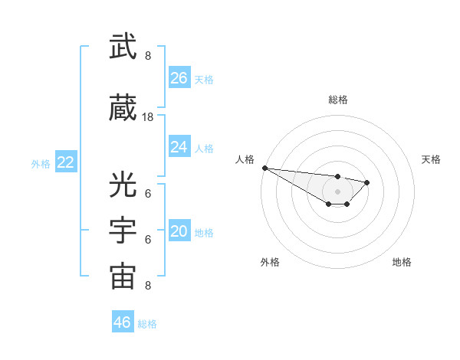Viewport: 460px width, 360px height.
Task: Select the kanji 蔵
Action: coord(123,110)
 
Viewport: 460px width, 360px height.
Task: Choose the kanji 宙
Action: coord(123,277)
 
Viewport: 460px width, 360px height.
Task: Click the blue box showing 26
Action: coord(179,78)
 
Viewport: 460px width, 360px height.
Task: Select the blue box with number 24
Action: coord(179,147)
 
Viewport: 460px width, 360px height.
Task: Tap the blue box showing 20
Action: coord(179,232)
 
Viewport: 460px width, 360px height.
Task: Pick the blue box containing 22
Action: coord(66,162)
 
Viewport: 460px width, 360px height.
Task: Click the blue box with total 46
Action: coord(122,322)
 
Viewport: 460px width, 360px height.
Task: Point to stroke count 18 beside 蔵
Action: coord(148,117)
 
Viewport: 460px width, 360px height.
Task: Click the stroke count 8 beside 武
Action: coord(148,55)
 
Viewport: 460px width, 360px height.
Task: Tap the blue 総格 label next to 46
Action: coord(147,324)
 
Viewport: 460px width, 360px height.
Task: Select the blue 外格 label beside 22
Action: coord(41,163)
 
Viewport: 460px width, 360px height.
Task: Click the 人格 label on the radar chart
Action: coord(245,159)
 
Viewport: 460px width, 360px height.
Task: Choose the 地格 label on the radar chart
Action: coord(402,262)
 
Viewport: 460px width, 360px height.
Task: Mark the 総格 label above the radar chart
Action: coord(337,100)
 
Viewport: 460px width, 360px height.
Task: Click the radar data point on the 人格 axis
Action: coord(264,168)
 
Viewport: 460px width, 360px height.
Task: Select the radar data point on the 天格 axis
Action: coord(367,182)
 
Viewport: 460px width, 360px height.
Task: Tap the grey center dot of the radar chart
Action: coord(337,191)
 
